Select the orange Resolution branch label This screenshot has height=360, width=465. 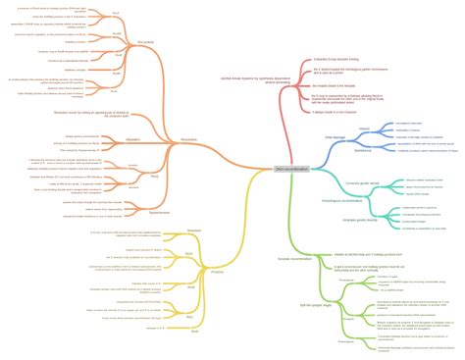click(189, 140)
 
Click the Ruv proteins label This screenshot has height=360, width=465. click(146, 42)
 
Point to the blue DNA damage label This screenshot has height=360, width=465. click(336, 138)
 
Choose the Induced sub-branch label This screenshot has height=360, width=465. click(364, 129)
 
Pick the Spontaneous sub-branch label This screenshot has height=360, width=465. click(362, 149)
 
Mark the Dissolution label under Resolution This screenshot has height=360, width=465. click(132, 139)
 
